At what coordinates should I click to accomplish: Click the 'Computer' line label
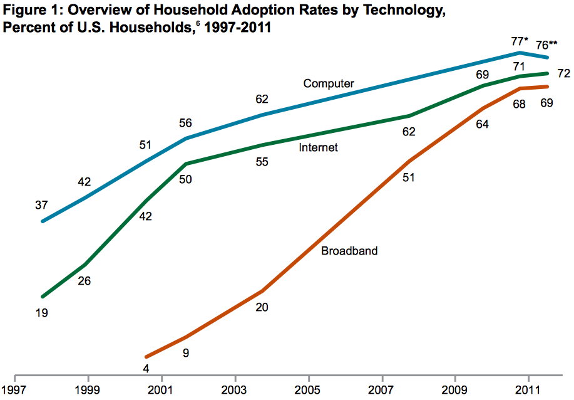tap(329, 83)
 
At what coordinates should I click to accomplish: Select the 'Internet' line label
tap(318, 147)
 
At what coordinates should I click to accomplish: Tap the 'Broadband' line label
tap(349, 251)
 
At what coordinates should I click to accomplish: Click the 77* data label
tap(518, 42)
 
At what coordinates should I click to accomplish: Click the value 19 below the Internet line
tap(43, 312)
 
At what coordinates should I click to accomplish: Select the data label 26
tap(84, 281)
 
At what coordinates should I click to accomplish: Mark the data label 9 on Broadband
tap(186, 353)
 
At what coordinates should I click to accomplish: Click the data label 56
tap(186, 123)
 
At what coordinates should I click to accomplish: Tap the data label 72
tap(563, 74)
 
